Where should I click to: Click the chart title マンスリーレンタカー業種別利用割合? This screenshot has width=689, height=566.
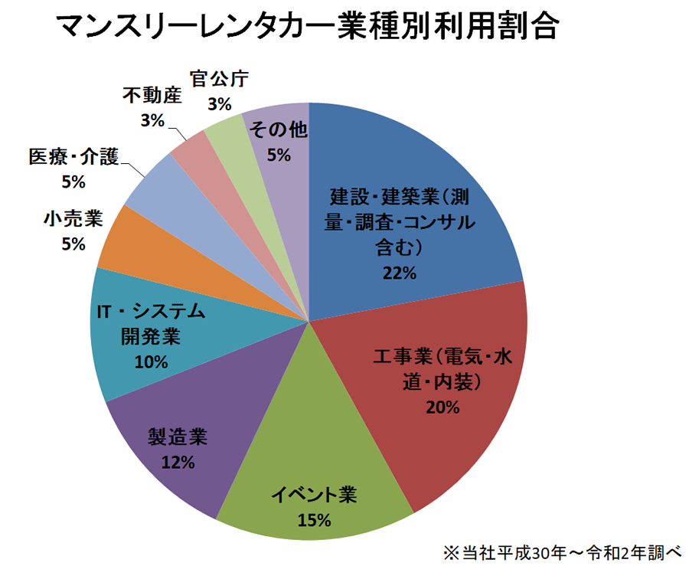click(x=307, y=28)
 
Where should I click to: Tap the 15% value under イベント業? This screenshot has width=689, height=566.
click(x=315, y=521)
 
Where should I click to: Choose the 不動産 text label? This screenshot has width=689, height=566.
click(x=152, y=97)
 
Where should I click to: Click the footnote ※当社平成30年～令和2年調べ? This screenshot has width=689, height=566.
click(x=561, y=551)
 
